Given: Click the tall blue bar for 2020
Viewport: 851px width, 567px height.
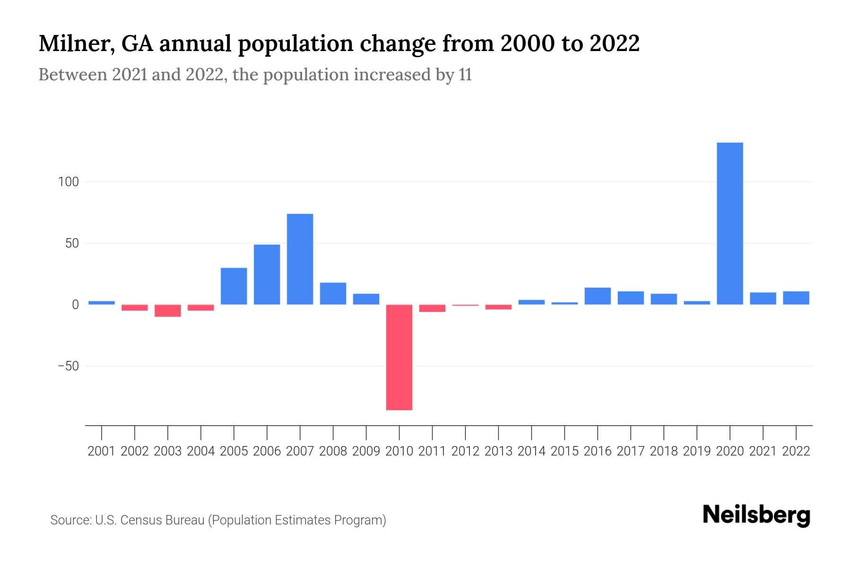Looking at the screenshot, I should [729, 223].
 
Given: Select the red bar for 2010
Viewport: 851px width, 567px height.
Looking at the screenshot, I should [399, 357].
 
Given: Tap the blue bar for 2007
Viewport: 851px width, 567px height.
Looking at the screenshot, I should [300, 259].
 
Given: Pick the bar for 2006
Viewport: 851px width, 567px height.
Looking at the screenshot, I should [267, 275].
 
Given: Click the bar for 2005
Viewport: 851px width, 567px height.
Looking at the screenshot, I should [234, 286].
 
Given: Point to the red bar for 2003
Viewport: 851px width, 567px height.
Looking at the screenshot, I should [167, 310].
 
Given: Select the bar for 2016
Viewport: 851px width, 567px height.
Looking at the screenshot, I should [597, 296].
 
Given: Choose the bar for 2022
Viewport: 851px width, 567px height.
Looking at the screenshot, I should [796, 298].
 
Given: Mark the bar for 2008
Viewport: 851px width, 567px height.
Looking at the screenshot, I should [333, 293].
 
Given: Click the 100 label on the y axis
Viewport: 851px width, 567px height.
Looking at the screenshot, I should [68, 182].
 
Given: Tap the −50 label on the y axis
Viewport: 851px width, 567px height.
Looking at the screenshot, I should [68, 366].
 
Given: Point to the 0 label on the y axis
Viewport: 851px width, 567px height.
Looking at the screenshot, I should [75, 305].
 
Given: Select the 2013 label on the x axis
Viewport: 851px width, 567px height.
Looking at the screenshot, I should [498, 451].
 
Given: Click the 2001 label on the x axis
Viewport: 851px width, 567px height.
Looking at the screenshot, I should [102, 451].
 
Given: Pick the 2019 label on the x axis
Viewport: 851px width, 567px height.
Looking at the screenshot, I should [696, 451].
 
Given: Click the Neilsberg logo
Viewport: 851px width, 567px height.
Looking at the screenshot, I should [756, 515].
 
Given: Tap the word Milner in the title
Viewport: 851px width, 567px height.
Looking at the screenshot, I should [74, 44].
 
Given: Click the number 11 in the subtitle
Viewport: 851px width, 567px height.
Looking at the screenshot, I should [465, 75].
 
